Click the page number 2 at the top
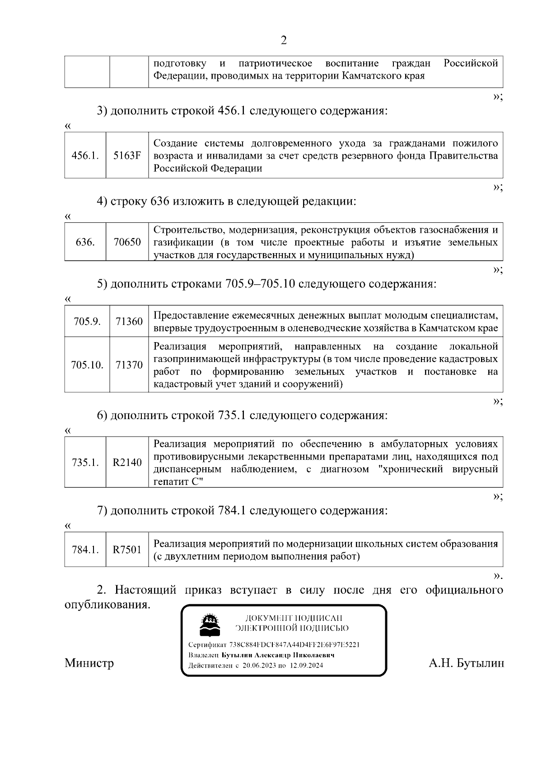pos(284,41)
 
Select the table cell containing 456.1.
pos(85,155)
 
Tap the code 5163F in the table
pos(127,155)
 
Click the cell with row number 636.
pos(85,242)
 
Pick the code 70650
pos(127,242)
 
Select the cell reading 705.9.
pos(87,321)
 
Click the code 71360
pos(129,321)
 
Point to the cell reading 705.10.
pos(87,365)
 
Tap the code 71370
pos(129,365)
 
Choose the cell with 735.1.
pos(85,462)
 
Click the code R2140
pos(127,462)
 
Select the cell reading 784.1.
pos(85,550)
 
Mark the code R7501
pos(127,550)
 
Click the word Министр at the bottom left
pos(89,663)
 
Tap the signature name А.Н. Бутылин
pos(466,663)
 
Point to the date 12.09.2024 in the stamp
pos(306,665)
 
